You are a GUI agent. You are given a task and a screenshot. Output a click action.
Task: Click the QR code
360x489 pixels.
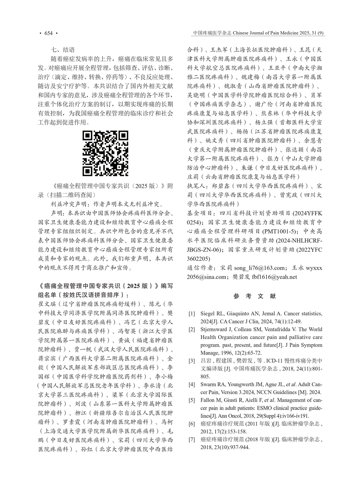point(106,153)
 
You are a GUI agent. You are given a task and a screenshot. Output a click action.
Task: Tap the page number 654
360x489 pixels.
point(48,33)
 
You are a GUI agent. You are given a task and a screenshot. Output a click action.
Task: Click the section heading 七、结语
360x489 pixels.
point(63,50)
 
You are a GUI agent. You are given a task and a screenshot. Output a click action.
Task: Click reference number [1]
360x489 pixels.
point(191,313)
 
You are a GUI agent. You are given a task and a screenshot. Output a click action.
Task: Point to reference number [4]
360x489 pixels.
point(191,384)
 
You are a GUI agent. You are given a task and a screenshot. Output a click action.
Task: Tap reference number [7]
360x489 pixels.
point(191,440)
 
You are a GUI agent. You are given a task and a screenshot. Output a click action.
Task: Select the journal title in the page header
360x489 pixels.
point(258,33)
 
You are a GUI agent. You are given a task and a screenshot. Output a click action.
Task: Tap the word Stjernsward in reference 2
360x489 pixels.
point(214,330)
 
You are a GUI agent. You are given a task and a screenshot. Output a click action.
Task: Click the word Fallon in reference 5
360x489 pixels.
point(207,400)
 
